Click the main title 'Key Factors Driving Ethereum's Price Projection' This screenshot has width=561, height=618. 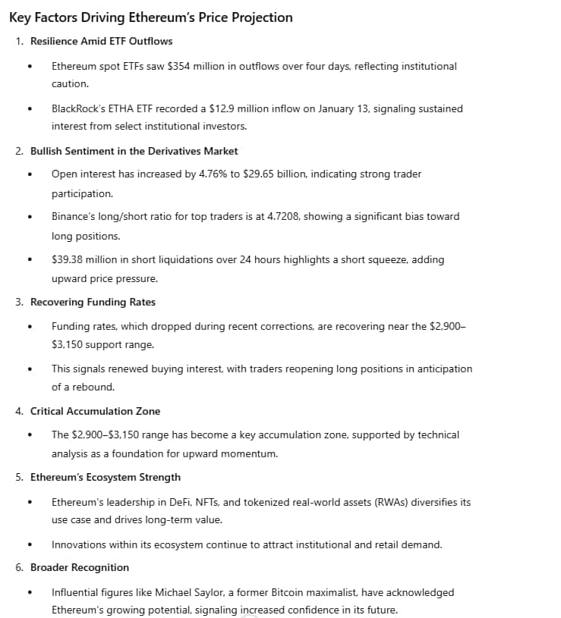pyautogui.click(x=150, y=17)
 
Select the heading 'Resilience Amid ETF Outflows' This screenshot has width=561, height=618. pyautogui.click(x=101, y=41)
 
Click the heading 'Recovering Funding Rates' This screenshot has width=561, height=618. pyautogui.click(x=93, y=302)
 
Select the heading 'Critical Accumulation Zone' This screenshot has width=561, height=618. pyautogui.click(x=95, y=411)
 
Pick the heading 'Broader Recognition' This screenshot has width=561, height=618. pyautogui.click(x=80, y=567)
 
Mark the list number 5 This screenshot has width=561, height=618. pyautogui.click(x=19, y=477)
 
